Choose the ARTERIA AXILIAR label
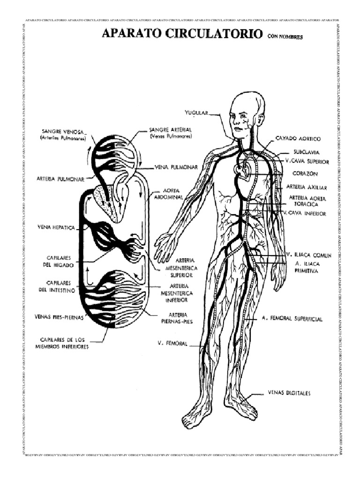(x=306, y=187)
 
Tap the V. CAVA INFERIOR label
(x=307, y=213)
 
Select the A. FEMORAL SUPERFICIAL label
(x=292, y=319)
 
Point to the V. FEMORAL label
(x=172, y=344)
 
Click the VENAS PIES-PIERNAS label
(x=59, y=316)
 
